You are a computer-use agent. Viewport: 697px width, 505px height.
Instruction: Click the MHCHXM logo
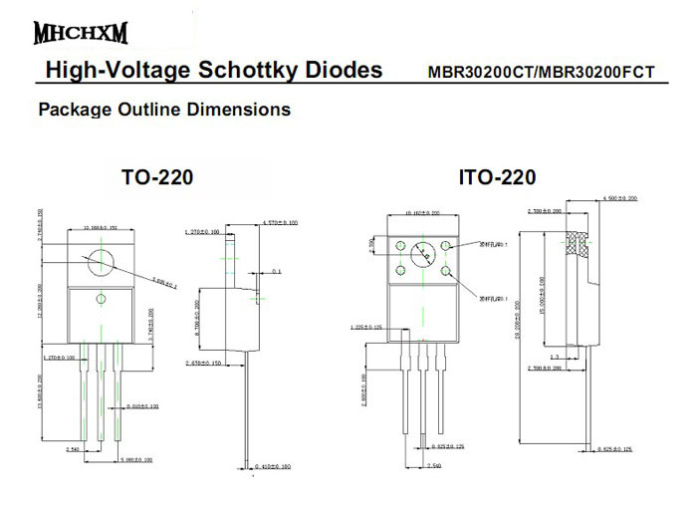click(82, 32)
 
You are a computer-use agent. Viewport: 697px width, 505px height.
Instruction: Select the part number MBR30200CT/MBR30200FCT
click(541, 72)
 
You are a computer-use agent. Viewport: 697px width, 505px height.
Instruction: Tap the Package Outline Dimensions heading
click(164, 109)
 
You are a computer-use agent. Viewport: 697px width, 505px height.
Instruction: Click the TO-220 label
click(156, 178)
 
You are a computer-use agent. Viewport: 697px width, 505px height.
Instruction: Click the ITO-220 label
click(497, 178)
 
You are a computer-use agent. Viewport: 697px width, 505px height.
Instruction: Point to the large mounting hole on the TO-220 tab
click(101, 261)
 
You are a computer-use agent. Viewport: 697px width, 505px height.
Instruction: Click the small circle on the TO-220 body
click(101, 299)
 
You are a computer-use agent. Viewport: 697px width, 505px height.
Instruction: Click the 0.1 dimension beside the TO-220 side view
click(276, 271)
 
